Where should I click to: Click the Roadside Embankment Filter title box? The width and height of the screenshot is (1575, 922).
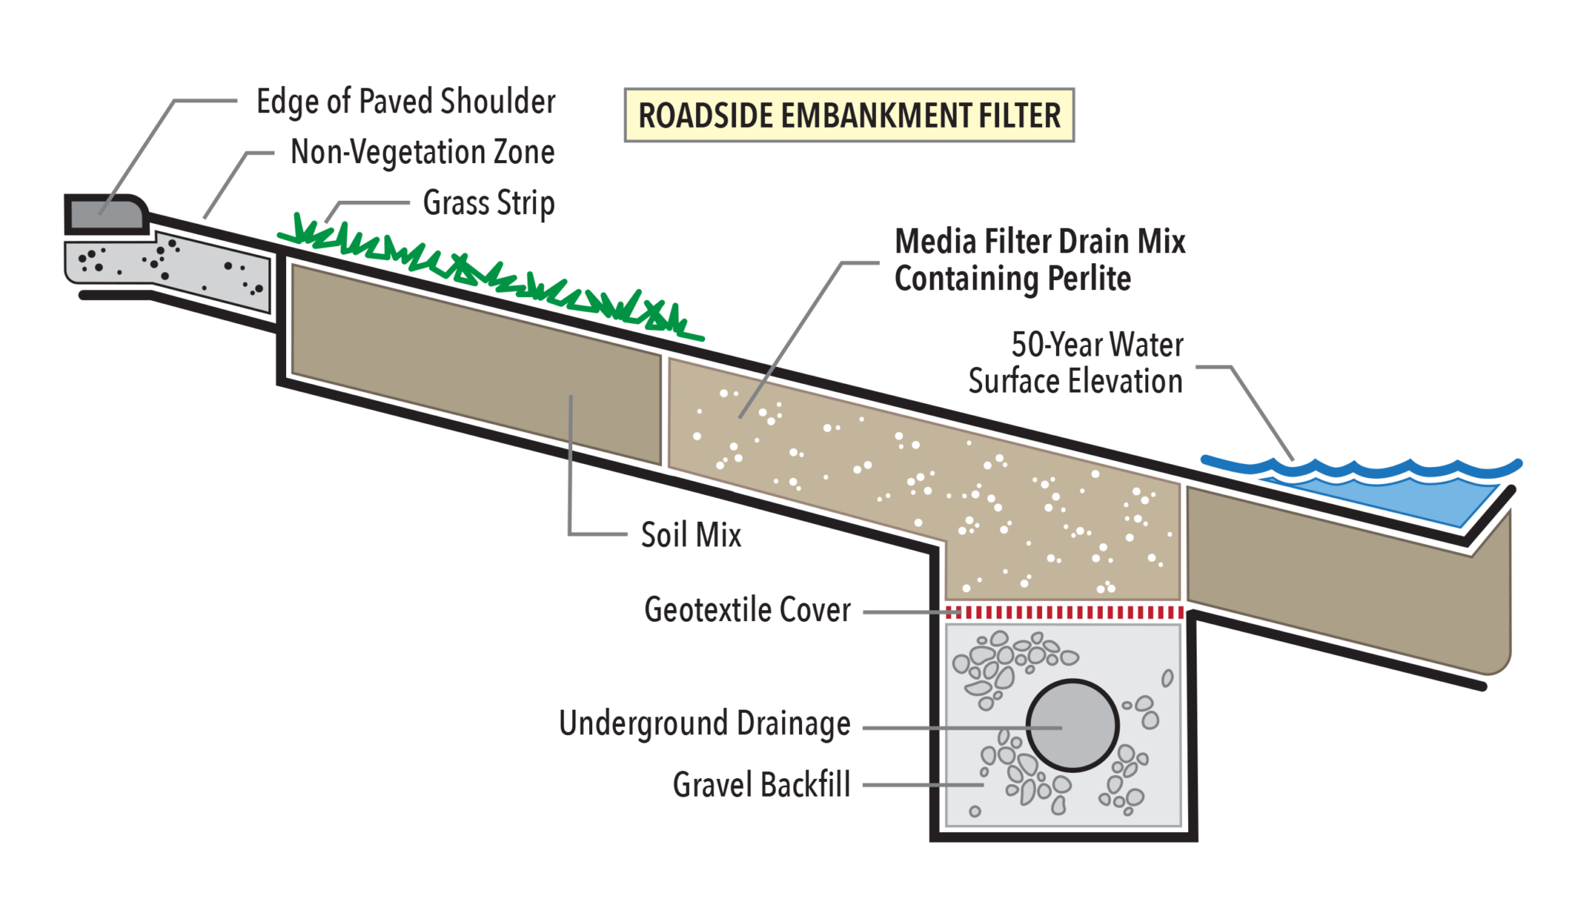point(848,115)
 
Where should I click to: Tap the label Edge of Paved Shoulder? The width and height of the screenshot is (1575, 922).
point(405,102)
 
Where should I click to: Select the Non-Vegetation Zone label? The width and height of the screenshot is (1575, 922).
point(421,152)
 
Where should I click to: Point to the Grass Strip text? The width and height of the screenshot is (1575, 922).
point(488,203)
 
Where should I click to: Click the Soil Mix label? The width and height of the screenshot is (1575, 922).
point(691,535)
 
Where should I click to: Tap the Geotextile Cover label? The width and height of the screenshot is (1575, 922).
point(747,610)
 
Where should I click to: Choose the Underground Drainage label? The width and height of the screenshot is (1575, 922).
point(704,723)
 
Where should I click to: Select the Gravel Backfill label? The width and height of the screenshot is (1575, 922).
point(761,785)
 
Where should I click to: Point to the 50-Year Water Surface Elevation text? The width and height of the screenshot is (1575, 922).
point(1077,363)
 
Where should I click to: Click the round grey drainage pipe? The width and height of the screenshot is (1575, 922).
point(1072,725)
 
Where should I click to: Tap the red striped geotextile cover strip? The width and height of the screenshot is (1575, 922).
point(1064,613)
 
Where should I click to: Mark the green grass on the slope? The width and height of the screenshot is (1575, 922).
point(492,273)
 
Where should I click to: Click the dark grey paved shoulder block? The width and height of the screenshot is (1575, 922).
point(106,214)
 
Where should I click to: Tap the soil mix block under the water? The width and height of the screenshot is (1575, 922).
point(1346,577)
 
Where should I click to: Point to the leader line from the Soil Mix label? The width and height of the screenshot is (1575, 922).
point(571,477)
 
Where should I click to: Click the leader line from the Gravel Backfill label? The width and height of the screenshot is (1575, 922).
point(923,785)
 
